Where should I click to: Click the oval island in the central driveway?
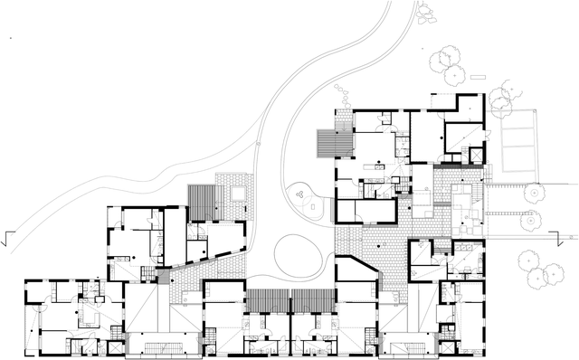pos(293,254)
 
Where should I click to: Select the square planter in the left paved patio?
pos(237,193)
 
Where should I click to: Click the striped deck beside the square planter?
pos(204,201)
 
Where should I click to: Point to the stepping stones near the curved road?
pos(341,93)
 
